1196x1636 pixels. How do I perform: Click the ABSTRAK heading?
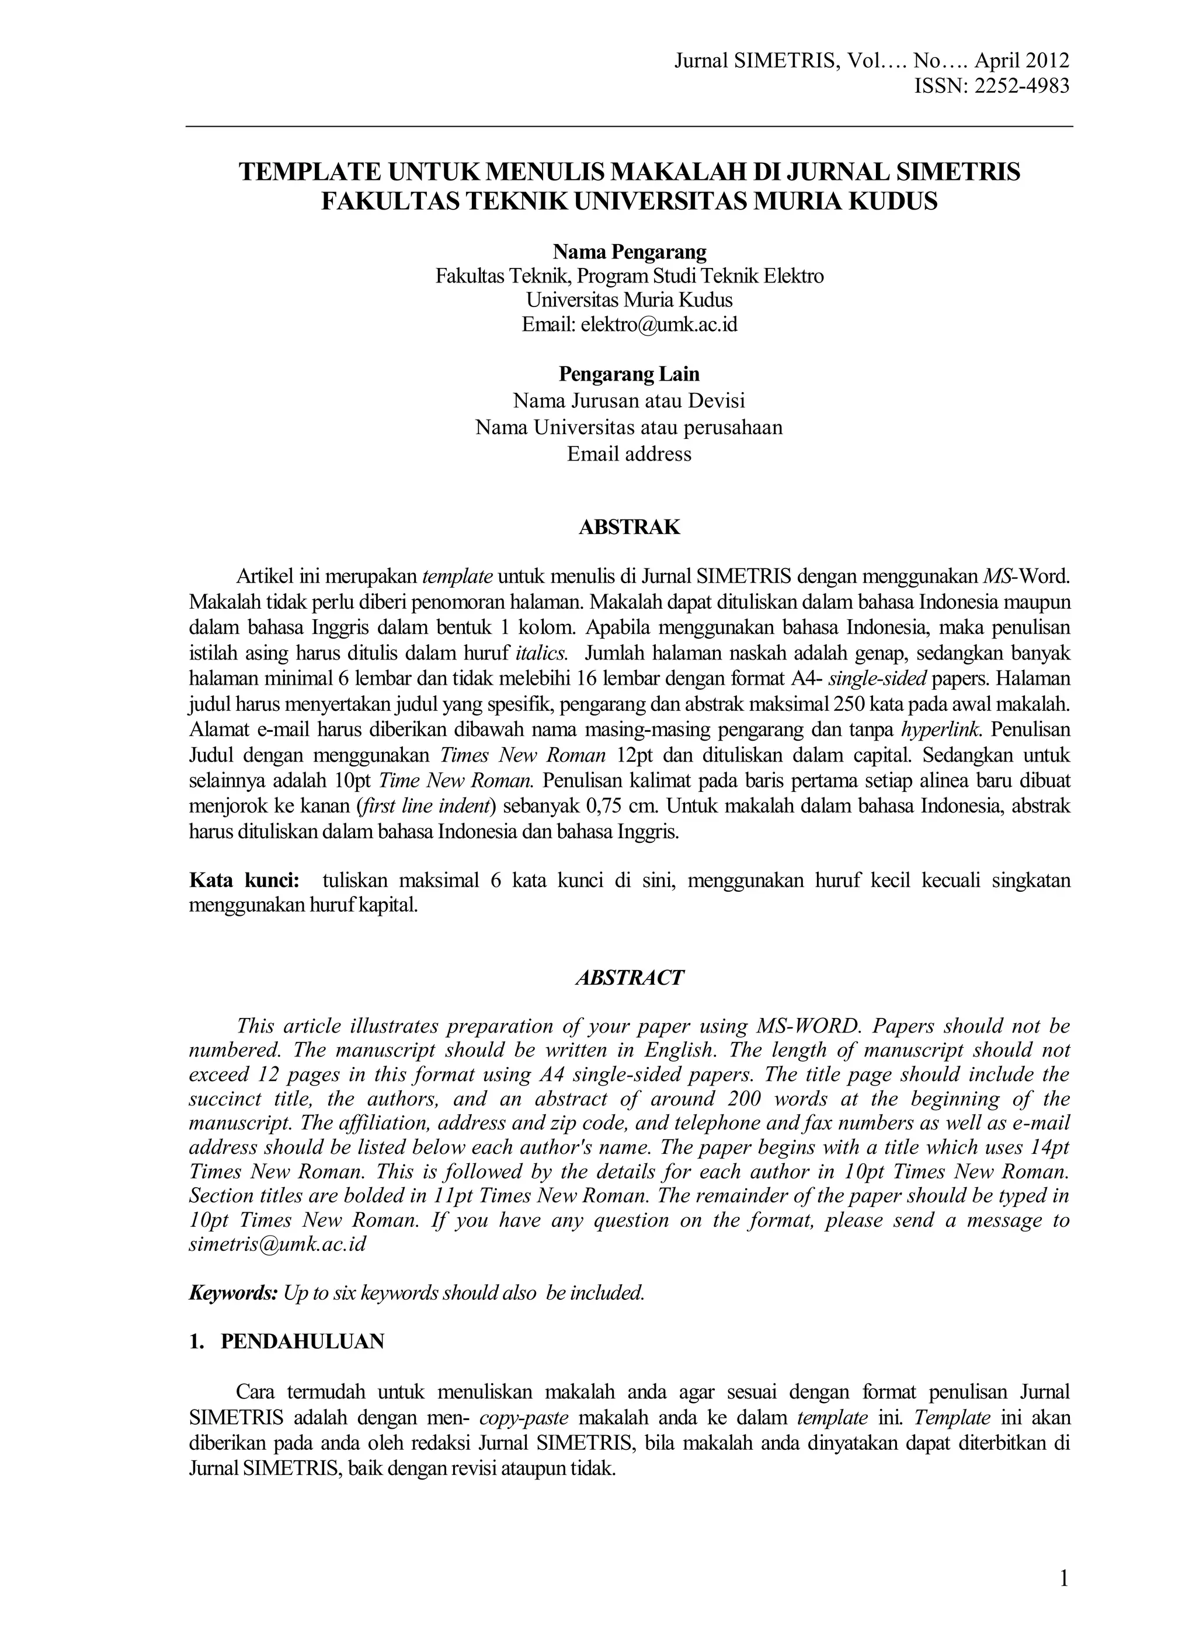point(629,528)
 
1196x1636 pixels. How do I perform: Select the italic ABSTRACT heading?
point(629,978)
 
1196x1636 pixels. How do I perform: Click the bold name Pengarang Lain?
point(629,374)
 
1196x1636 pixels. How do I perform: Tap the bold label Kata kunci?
point(244,881)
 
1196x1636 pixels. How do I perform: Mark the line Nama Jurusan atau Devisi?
point(629,401)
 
